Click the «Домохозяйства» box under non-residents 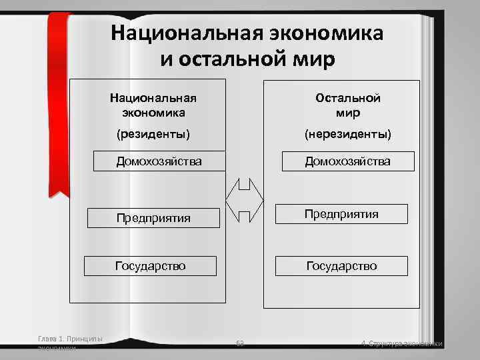coord(348,161)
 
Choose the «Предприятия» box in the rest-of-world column coord(341,214)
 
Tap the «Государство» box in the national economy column coord(151,266)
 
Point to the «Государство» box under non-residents coord(341,266)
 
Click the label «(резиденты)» coord(153,135)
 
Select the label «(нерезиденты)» coord(348,135)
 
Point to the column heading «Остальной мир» coord(348,105)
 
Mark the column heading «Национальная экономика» coord(158,105)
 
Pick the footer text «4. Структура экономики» coord(401,344)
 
